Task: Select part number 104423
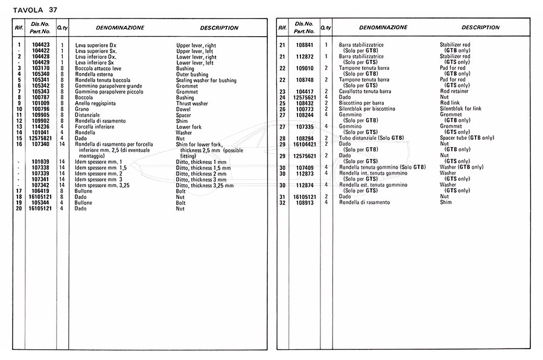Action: [x=40, y=45]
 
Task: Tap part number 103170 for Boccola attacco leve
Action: [x=40, y=68]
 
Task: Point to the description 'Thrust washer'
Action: [x=192, y=103]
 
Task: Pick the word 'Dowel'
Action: [x=183, y=109]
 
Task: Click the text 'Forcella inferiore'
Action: [x=95, y=126]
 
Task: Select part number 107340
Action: [x=40, y=144]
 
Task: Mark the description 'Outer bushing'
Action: [x=192, y=74]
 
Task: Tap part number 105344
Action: [x=40, y=203]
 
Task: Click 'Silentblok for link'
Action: [x=461, y=109]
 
